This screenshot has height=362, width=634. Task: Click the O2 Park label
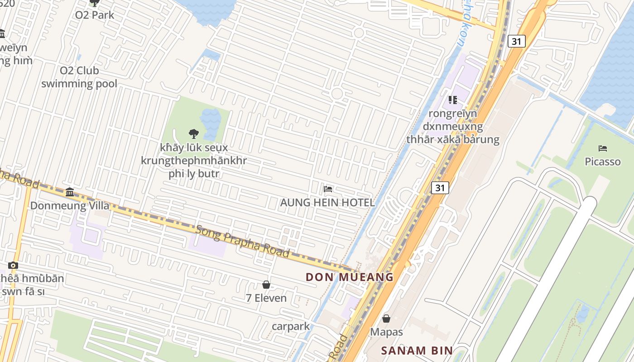tap(94, 15)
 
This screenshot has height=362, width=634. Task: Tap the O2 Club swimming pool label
tap(79, 77)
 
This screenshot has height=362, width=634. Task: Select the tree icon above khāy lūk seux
tap(194, 133)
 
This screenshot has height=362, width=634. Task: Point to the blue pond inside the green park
tap(211, 119)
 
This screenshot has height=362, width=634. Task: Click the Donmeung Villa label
tap(70, 205)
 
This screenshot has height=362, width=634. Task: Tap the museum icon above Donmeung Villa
tap(70, 192)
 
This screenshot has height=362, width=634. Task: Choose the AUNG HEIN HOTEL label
tap(327, 202)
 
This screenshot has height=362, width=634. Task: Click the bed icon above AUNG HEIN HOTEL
tap(328, 189)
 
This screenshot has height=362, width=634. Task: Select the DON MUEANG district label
tap(350, 277)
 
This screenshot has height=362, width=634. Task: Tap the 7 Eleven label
tap(266, 298)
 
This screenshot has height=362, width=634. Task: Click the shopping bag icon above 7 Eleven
tap(266, 285)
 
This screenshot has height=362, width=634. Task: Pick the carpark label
tap(291, 326)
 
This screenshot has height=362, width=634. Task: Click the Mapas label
tap(386, 332)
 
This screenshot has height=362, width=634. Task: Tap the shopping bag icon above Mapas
tap(386, 319)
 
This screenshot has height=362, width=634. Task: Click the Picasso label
tap(602, 161)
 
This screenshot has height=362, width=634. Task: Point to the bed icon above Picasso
tap(602, 148)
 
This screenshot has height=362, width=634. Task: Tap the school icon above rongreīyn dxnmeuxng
tap(452, 100)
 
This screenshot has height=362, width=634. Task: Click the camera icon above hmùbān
tap(13, 265)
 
